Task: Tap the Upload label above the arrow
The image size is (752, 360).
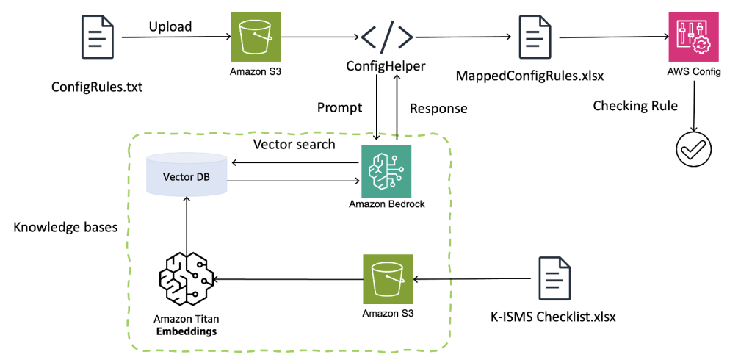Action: (170, 27)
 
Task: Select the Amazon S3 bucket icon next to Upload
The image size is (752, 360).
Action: (252, 35)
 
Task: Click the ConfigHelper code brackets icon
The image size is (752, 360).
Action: (386, 35)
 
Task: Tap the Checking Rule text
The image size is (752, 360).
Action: (635, 106)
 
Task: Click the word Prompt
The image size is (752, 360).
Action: (339, 108)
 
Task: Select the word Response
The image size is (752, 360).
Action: (438, 109)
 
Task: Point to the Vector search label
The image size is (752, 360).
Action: (294, 144)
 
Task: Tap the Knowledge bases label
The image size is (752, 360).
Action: (65, 227)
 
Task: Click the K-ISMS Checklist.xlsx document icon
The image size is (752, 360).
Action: (552, 278)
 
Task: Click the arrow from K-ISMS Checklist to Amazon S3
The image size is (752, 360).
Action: (471, 279)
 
